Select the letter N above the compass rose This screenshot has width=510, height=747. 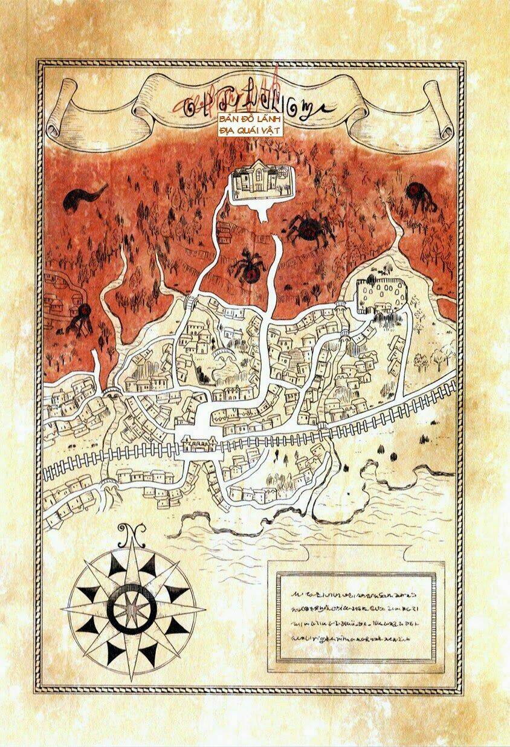pos(128,532)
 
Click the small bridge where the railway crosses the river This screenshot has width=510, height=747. pos(324,430)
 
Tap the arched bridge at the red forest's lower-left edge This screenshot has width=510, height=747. pos(112,393)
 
